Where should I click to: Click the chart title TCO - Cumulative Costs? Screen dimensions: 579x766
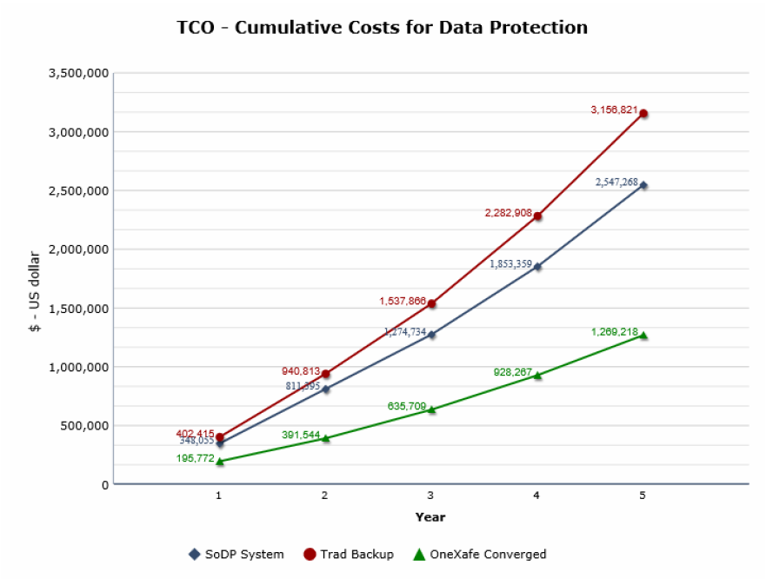tap(383, 28)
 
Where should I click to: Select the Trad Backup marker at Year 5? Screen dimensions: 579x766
tap(643, 114)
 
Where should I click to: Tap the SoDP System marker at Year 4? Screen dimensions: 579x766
tap(537, 267)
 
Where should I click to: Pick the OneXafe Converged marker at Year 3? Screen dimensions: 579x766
tap(431, 409)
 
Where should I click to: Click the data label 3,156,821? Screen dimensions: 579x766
tap(614, 110)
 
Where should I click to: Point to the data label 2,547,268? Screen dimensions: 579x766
tap(616, 183)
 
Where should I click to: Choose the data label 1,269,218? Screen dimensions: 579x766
tap(614, 332)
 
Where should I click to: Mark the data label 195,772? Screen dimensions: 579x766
tap(195, 457)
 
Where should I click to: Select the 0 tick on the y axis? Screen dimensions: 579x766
tap(104, 484)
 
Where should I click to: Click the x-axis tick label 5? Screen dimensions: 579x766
tap(643, 496)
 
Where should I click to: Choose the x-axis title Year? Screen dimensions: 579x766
tap(430, 517)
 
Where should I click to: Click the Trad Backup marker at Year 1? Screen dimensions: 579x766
tap(220, 437)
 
